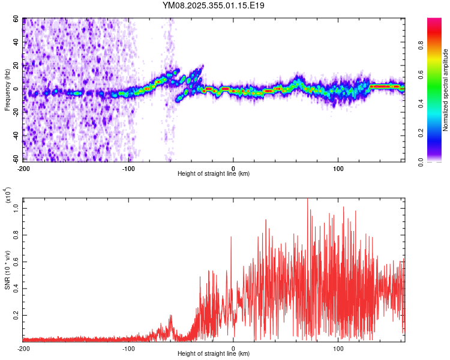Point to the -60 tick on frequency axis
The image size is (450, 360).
coord(16,158)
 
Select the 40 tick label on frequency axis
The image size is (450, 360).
coord(16,43)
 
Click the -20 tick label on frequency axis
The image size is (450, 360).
coord(16,112)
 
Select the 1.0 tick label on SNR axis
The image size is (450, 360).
coord(16,209)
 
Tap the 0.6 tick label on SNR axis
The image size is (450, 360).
coord(16,262)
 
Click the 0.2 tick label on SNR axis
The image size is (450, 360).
coord(16,314)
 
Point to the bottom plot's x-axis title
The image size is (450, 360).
coord(214,354)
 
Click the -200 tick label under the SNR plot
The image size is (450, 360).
coord(24,348)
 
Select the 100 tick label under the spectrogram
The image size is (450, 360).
coord(338,167)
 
